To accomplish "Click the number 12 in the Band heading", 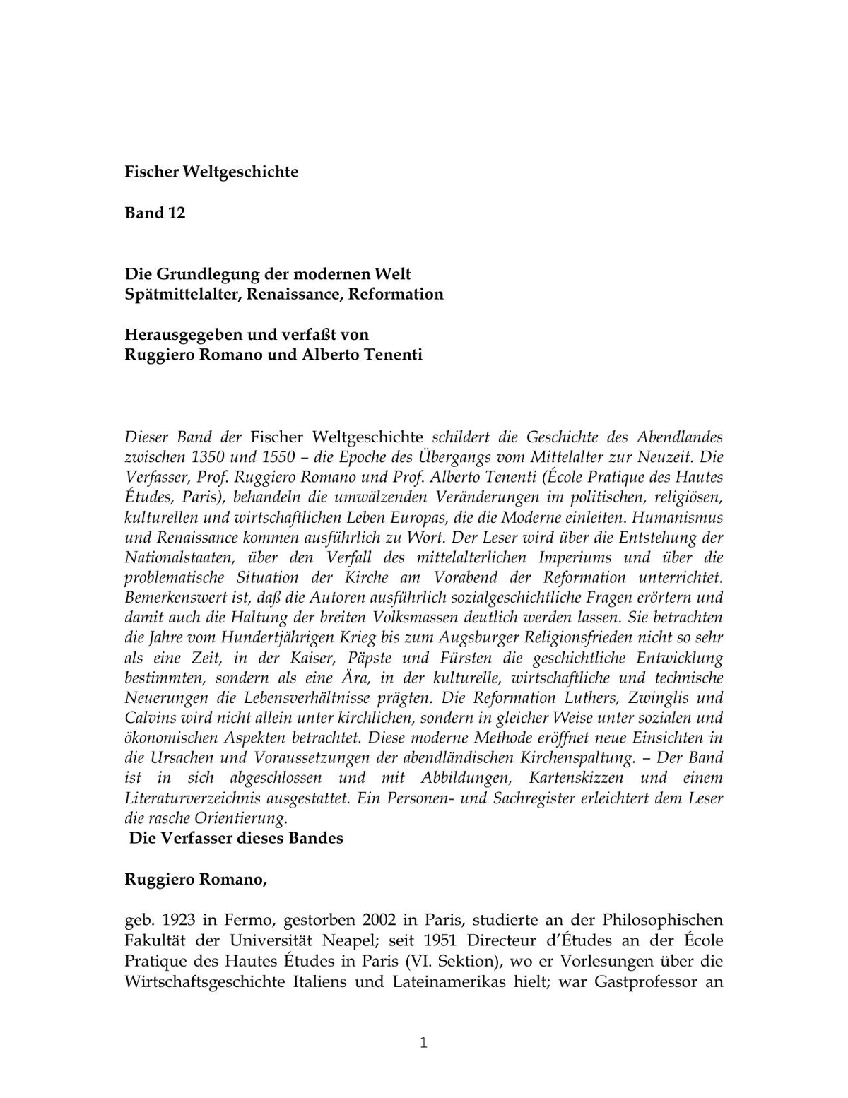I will (x=177, y=213).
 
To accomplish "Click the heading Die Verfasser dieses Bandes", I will (x=236, y=839).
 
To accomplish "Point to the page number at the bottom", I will (x=423, y=1043).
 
